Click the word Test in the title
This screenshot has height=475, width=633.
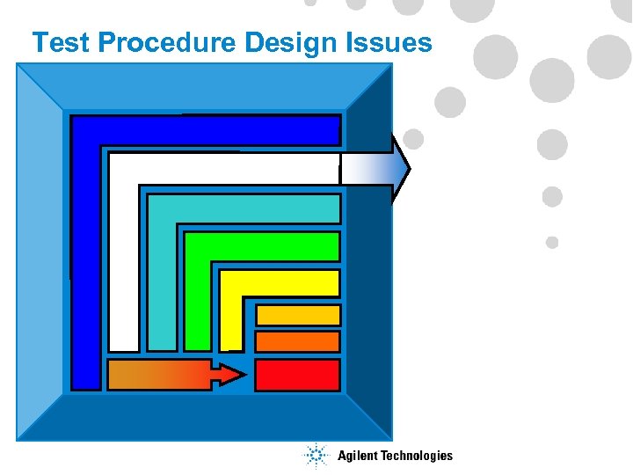(61, 43)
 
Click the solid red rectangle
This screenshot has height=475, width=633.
(297, 375)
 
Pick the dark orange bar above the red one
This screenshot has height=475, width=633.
(297, 341)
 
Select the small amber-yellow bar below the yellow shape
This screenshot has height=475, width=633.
(297, 315)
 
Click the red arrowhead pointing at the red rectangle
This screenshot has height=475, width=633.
(229, 375)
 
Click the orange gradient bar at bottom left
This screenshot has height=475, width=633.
(158, 375)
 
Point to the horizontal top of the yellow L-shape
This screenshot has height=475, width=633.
(280, 283)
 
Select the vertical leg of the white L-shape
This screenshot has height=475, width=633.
(123, 264)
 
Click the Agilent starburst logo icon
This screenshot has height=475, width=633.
(315, 456)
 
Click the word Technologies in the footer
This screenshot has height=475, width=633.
(417, 456)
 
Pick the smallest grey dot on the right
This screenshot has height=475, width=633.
(552, 242)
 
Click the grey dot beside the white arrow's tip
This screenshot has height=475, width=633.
(413, 139)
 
